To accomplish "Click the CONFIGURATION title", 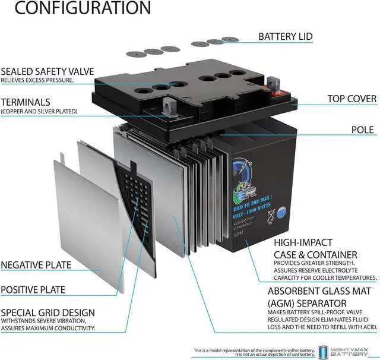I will coord(75,9).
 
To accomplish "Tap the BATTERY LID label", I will coord(285,37).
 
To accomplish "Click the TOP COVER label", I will coord(351,99).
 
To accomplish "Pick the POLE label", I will coord(362,130).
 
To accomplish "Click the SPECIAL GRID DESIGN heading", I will coord(47,312).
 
